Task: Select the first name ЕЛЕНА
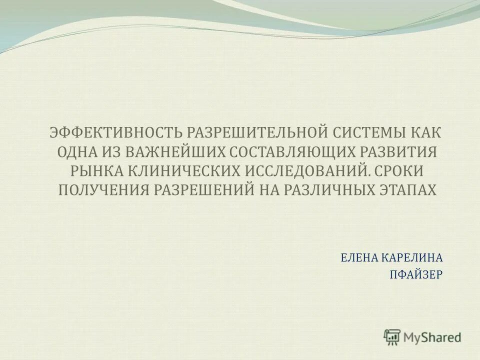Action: click(359, 257)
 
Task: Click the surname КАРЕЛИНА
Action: click(412, 257)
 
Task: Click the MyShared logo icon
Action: click(392, 337)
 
